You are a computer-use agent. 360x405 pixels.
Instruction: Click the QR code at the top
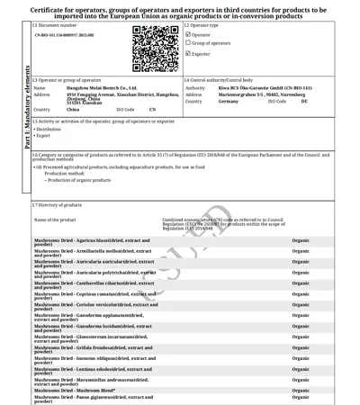click(156, 48)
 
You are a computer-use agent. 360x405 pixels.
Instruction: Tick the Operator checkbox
click(188, 33)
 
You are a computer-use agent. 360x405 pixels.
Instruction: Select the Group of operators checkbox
click(188, 43)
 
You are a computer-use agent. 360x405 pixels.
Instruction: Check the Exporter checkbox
click(188, 53)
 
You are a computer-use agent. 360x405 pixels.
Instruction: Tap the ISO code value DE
click(303, 102)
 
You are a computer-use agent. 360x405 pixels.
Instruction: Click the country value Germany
click(229, 102)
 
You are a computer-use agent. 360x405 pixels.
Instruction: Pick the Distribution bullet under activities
click(49, 129)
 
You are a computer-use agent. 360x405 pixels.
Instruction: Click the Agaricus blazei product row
click(90, 242)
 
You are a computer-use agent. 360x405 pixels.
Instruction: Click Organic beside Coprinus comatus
click(301, 294)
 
